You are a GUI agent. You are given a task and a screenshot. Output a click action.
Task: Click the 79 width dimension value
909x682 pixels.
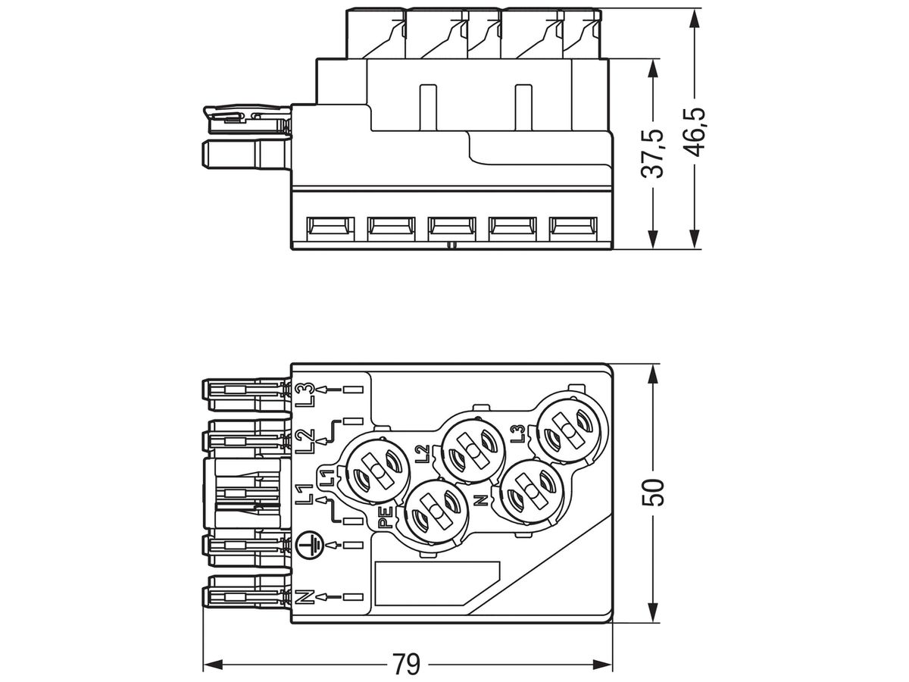406,665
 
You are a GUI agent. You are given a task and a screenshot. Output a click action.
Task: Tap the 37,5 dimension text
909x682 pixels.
654,154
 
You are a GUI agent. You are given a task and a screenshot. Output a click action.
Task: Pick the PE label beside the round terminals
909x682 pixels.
385,517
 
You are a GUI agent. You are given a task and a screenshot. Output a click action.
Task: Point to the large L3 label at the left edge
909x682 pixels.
305,393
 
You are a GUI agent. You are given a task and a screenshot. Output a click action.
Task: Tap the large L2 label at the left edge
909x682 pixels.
305,440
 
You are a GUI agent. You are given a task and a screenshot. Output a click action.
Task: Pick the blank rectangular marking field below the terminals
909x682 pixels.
438,583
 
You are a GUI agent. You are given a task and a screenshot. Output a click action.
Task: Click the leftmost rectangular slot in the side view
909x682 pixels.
330,227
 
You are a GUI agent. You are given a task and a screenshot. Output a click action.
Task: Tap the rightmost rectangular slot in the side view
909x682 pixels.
572,227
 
